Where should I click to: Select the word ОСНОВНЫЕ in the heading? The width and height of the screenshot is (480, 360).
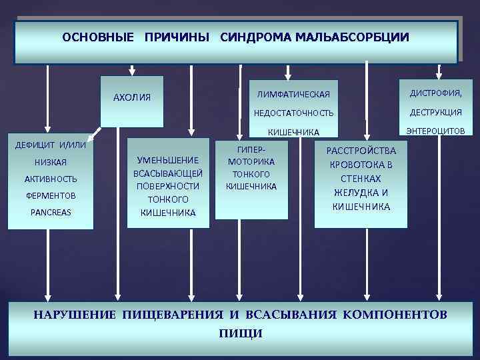pyautogui.click(x=98, y=38)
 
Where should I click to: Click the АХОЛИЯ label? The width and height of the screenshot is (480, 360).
pyautogui.click(x=132, y=97)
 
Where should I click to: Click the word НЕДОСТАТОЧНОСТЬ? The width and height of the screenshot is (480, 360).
pyautogui.click(x=294, y=112)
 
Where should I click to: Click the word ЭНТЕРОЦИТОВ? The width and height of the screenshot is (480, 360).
pyautogui.click(x=438, y=131)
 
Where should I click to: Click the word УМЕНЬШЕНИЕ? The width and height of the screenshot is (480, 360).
pyautogui.click(x=168, y=160)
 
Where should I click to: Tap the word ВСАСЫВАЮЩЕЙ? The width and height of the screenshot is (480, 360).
pyautogui.click(x=168, y=173)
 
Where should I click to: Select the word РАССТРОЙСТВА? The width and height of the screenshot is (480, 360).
pyautogui.click(x=361, y=151)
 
